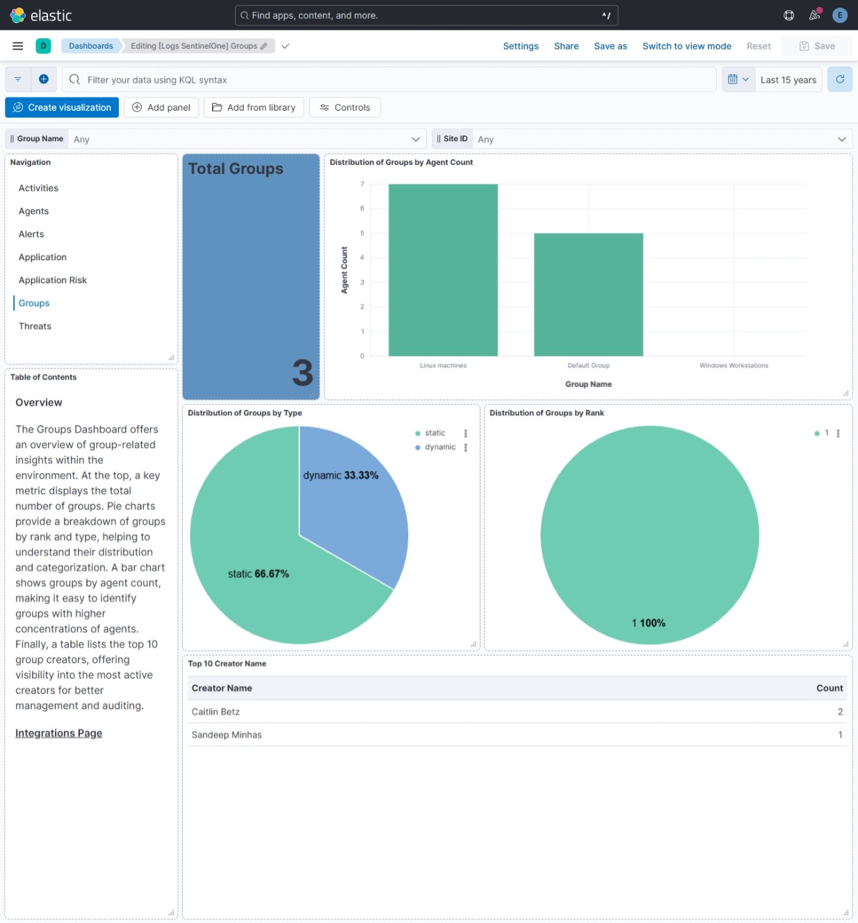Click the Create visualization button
(x=62, y=107)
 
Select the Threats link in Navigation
(x=35, y=326)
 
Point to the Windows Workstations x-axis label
(x=734, y=365)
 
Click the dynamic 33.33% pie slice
(x=348, y=501)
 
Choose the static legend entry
(x=435, y=433)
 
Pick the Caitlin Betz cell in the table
(x=216, y=712)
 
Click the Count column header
(x=829, y=688)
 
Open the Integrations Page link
(x=58, y=733)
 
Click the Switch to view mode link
(x=686, y=46)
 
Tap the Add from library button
(x=254, y=107)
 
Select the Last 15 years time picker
(x=788, y=80)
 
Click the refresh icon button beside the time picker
(x=840, y=79)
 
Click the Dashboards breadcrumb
(x=90, y=46)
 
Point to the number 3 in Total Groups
(x=302, y=373)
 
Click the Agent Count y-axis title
(x=344, y=270)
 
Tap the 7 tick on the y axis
(x=362, y=184)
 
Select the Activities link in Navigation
(x=38, y=188)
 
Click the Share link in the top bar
(x=566, y=46)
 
